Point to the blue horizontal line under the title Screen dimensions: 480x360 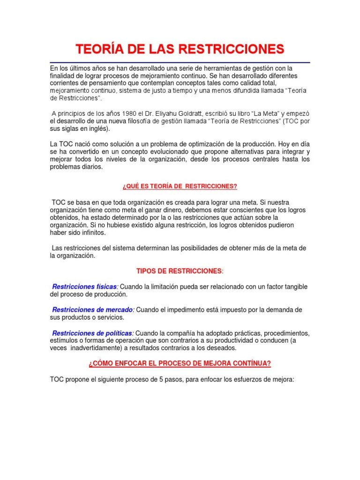point(180,62)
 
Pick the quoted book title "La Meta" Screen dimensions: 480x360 point(251,113)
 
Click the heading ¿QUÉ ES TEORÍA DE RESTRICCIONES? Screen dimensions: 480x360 point(180,187)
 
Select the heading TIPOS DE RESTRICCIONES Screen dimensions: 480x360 point(179,271)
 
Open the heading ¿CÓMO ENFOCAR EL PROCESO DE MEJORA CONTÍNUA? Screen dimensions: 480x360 point(180,364)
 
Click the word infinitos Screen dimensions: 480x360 point(93,232)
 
